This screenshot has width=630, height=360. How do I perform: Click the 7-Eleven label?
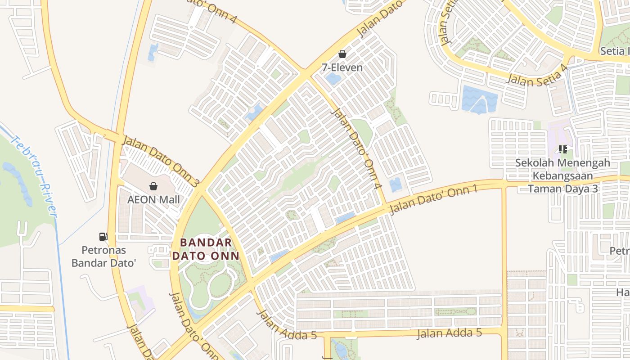coord(342,67)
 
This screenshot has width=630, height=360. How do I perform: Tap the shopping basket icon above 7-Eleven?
coord(342,54)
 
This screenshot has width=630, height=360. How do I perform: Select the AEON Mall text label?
coord(153,199)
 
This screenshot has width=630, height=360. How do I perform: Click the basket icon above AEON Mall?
coord(153,186)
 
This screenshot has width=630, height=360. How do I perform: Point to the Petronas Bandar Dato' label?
coord(103,256)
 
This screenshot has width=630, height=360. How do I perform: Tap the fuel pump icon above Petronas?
coord(103,236)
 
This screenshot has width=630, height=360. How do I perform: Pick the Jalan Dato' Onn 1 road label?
coord(433,199)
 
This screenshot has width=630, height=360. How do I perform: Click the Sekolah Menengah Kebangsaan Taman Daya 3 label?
coord(562,175)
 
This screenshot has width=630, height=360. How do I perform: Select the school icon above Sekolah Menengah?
coord(562,149)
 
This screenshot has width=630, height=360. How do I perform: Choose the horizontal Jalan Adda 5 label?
coord(449,333)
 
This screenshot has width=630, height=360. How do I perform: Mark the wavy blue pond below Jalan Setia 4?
coord(479,99)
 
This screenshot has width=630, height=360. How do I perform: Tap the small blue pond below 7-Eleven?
coord(333,79)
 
